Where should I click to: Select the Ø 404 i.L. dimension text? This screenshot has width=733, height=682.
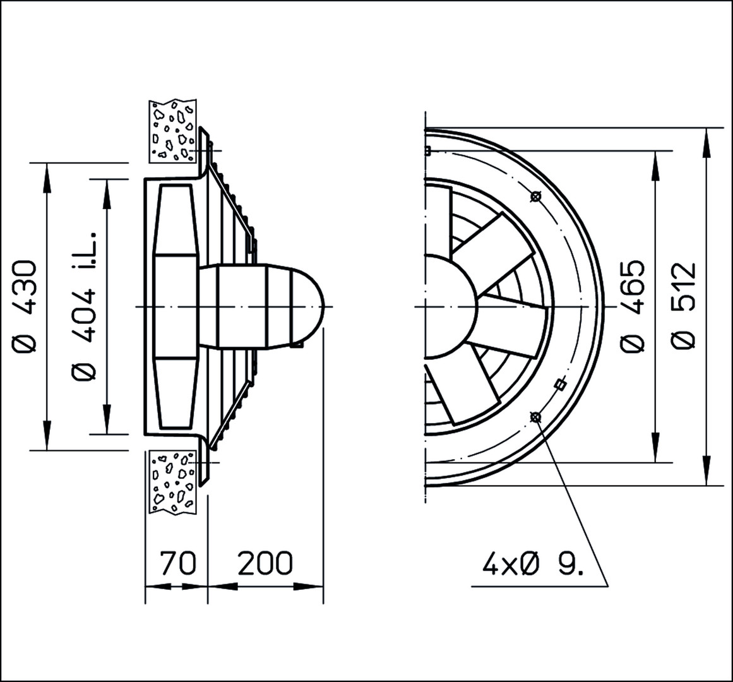tap(84, 306)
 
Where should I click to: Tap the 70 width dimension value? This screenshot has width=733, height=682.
tap(177, 563)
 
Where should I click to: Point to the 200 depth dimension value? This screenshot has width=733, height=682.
tap(265, 563)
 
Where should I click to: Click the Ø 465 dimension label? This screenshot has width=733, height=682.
tap(633, 306)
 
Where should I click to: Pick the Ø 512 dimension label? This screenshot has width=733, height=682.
tap(684, 306)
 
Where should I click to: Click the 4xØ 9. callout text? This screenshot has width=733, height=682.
tap(533, 565)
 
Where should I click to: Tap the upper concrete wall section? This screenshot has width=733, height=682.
tap(172, 131)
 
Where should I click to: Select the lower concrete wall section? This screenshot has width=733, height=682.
tap(172, 482)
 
